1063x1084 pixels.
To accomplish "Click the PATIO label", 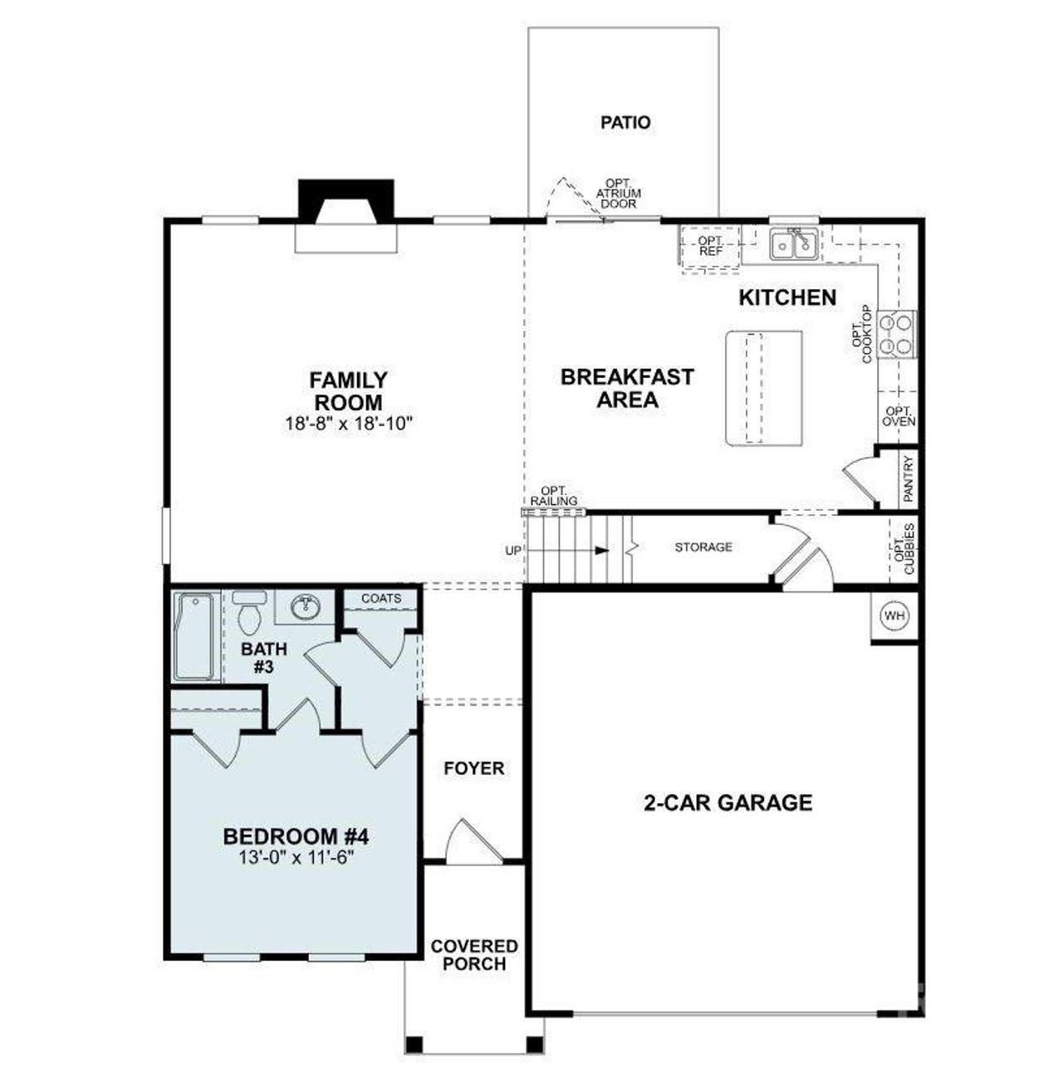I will [625, 123].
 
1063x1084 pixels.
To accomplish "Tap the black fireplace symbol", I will [347, 202].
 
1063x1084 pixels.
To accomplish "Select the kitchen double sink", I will [794, 244].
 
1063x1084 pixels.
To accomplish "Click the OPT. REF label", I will [710, 246].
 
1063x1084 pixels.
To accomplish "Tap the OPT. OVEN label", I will [899, 416].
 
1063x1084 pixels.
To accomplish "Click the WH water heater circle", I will [894, 616].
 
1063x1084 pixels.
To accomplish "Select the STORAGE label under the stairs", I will [703, 547].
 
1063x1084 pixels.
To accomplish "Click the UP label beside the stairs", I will [513, 550].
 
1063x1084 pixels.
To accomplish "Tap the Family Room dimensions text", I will [348, 424].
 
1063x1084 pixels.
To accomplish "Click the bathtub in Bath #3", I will [193, 635].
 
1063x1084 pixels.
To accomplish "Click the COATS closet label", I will [381, 598].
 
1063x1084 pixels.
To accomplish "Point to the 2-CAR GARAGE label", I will [727, 802].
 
